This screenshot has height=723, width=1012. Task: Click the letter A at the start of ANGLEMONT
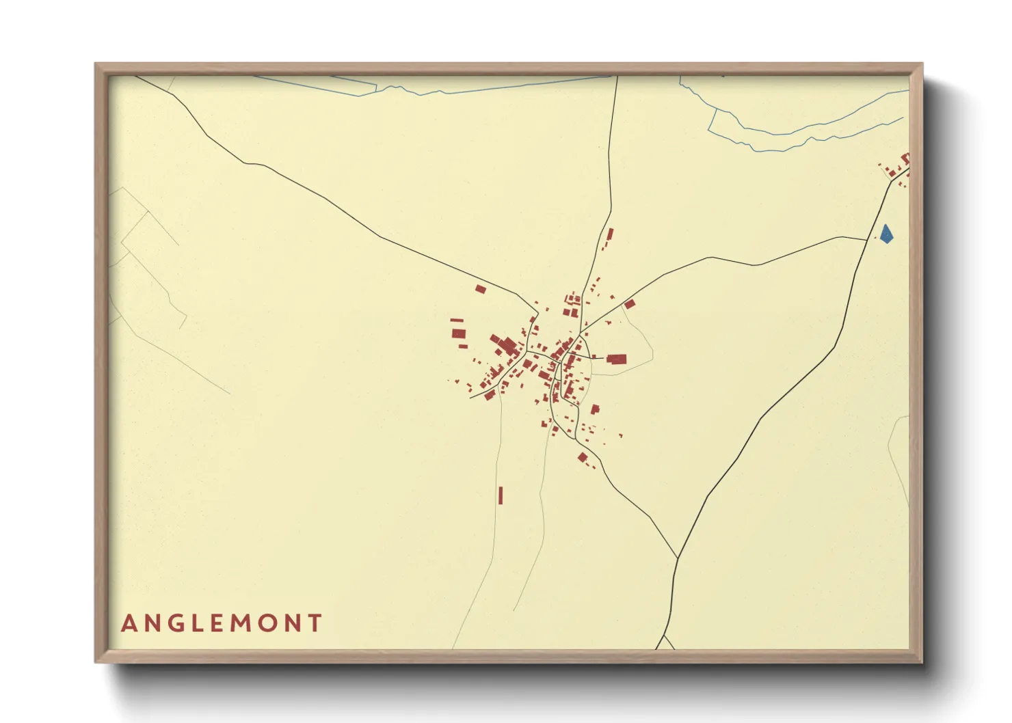128,623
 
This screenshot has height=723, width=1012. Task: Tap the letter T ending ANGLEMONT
315,623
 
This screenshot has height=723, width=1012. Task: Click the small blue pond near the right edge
886,234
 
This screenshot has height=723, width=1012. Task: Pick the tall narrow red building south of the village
501,495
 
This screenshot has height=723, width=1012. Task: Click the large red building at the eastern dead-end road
616,359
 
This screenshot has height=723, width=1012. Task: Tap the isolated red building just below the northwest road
480,289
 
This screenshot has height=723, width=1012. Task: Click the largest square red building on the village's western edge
458,333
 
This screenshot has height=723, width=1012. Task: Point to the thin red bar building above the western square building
457,320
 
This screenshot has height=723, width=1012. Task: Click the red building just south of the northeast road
630,304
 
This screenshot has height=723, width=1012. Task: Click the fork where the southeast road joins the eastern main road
677,558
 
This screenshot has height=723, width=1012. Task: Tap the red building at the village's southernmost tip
583,457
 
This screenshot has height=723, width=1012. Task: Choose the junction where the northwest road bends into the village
539,312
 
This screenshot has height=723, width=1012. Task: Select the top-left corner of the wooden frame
96,65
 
